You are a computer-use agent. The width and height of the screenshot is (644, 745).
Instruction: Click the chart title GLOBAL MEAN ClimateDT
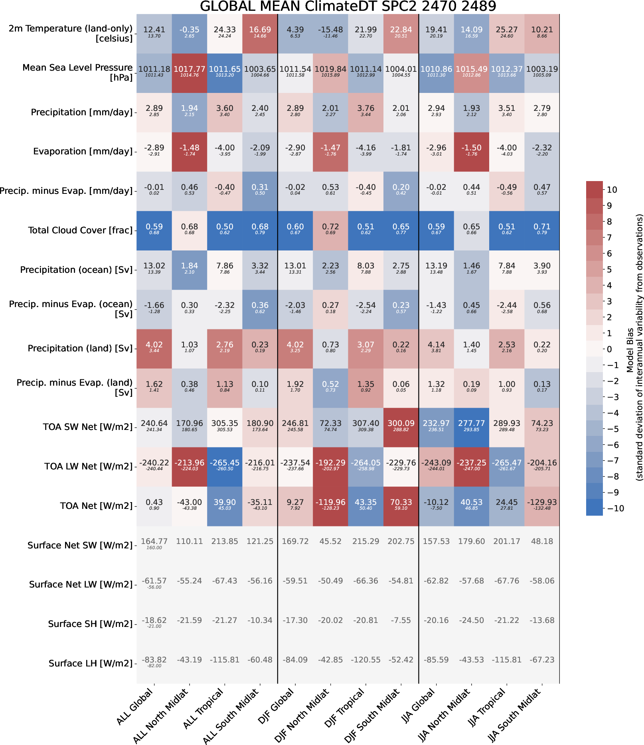(x=348, y=6)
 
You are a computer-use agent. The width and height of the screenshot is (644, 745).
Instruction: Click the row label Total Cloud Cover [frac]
(x=80, y=230)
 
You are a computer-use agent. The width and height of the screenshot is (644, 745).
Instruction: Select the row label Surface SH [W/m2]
(x=90, y=624)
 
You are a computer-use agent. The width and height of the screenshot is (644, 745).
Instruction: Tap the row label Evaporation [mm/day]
(x=83, y=151)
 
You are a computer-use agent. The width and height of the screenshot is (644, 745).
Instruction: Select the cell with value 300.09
(x=401, y=427)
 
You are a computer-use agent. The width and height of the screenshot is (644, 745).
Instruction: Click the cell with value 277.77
(x=472, y=427)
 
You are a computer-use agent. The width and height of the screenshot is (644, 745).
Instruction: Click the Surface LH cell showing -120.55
(x=365, y=660)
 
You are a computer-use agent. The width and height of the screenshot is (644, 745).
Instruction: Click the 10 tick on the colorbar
(x=612, y=190)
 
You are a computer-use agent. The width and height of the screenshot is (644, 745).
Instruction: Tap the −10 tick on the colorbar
(x=615, y=508)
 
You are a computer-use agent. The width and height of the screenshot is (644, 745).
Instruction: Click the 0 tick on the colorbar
(x=609, y=349)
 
